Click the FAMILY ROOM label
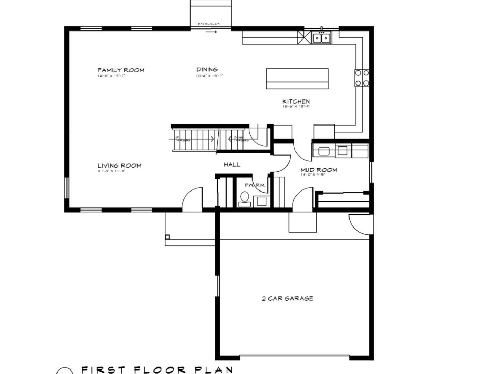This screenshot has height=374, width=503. click(121, 70)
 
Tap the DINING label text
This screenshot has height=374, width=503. click(207, 69)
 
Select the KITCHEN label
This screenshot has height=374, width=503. click(296, 101)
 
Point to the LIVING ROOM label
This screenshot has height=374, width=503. click(119, 166)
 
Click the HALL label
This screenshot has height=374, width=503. click(232, 164)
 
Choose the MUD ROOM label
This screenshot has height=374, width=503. click(319, 170)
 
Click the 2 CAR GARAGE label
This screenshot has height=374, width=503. click(287, 298)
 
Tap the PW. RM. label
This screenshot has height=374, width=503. click(255, 185)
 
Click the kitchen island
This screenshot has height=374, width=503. click(297, 79)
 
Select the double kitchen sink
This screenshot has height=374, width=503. click(321, 38)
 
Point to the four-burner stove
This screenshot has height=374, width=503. click(362, 78)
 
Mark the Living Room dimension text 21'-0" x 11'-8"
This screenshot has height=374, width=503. click(111, 171)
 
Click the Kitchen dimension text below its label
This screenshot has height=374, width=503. click(295, 107)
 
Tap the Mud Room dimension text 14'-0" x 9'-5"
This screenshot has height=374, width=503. click(312, 175)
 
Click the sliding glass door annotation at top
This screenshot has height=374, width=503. click(209, 24)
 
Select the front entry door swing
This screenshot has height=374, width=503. click(192, 199)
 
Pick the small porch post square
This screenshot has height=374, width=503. click(167, 237)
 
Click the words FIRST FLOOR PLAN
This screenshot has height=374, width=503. click(157, 369)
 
